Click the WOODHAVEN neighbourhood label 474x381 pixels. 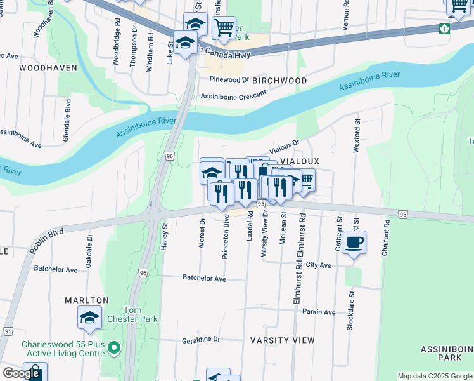click(x=44, y=67)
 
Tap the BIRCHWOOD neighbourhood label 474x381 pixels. click(x=279, y=81)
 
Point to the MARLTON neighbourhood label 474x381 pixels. click(x=86, y=300)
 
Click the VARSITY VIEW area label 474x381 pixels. click(x=282, y=340)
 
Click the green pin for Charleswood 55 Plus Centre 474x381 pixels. click(x=114, y=347)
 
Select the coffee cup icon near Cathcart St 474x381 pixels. click(x=354, y=242)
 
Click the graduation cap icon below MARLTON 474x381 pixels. click(x=89, y=317)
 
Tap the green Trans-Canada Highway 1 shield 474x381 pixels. click(x=444, y=28)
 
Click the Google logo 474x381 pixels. click(x=21, y=373)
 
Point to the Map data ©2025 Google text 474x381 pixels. click(x=435, y=376)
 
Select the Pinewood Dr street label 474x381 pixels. click(x=229, y=80)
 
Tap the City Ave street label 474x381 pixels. click(x=318, y=265)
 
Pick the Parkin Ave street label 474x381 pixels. click(x=319, y=312)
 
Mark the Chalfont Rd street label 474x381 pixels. click(x=385, y=239)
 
